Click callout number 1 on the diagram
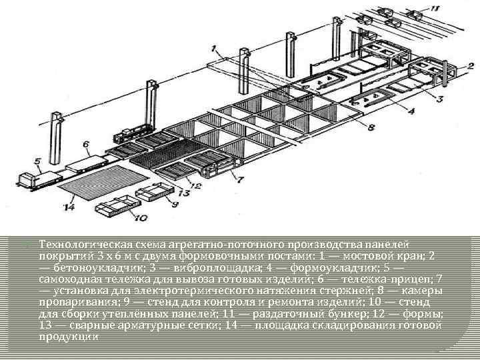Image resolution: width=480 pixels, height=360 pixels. pos(213,48)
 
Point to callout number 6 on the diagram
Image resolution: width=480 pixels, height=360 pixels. pos(86,143)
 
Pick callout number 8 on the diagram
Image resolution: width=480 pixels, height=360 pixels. pos(371,127)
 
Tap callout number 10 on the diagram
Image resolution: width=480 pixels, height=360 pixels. pos(141,217)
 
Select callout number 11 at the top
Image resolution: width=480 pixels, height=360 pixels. pos(435,8)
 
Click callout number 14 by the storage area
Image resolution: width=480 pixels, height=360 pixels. pos(69,207)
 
